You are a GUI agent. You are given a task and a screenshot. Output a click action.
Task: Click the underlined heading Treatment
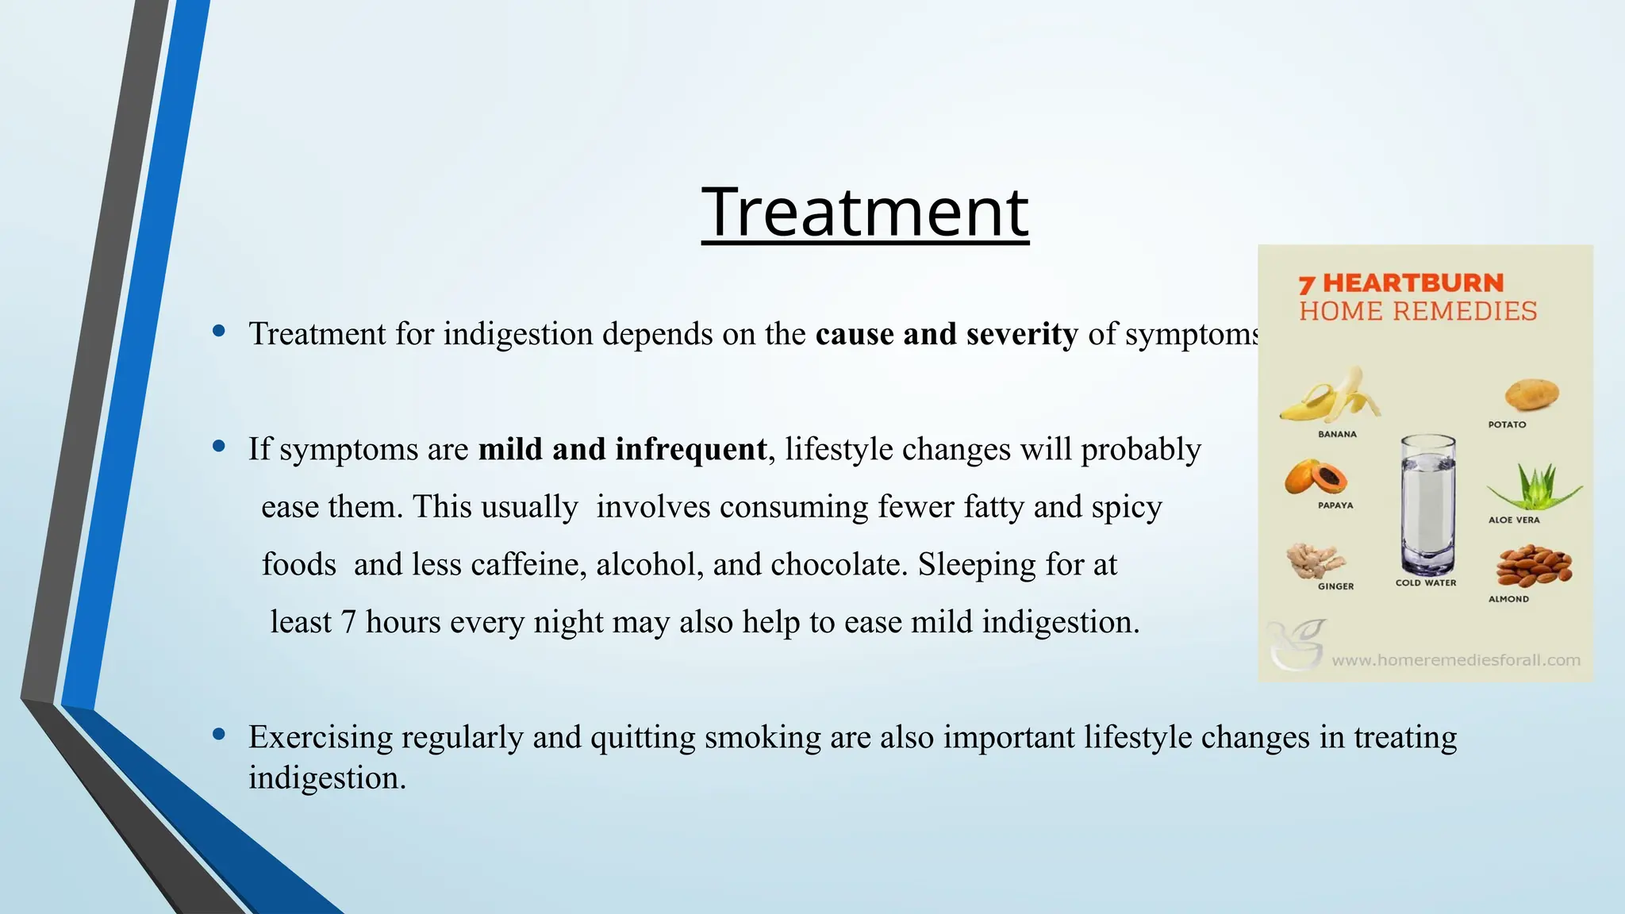pyautogui.click(x=865, y=213)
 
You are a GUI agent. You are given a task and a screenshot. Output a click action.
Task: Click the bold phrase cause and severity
pyautogui.click(x=947, y=334)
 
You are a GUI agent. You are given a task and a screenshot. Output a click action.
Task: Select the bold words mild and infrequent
pyautogui.click(x=623, y=449)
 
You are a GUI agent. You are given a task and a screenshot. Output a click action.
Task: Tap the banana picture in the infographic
pyautogui.click(x=1331, y=395)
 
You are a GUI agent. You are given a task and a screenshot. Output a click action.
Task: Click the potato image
pyautogui.click(x=1531, y=394)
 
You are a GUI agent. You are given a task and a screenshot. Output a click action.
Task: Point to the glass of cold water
pyautogui.click(x=1427, y=504)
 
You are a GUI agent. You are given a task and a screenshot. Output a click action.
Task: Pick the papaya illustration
pyautogui.click(x=1316, y=477)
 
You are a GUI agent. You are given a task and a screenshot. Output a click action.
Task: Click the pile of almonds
pyautogui.click(x=1533, y=565)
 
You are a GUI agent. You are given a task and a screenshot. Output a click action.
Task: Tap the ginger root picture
pyautogui.click(x=1315, y=560)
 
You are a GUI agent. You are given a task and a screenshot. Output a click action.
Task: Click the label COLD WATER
pyautogui.click(x=1426, y=582)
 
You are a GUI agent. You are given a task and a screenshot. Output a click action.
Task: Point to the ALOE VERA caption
pyautogui.click(x=1514, y=520)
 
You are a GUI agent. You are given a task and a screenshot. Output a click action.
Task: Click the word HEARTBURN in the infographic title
pyautogui.click(x=1413, y=283)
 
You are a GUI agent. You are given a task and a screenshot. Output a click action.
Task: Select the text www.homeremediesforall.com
pyautogui.click(x=1455, y=660)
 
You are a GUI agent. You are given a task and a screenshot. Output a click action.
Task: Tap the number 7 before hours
pyautogui.click(x=348, y=623)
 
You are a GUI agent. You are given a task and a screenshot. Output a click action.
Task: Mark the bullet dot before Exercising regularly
pyautogui.click(x=219, y=735)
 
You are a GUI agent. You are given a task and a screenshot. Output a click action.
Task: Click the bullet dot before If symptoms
pyautogui.click(x=219, y=447)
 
